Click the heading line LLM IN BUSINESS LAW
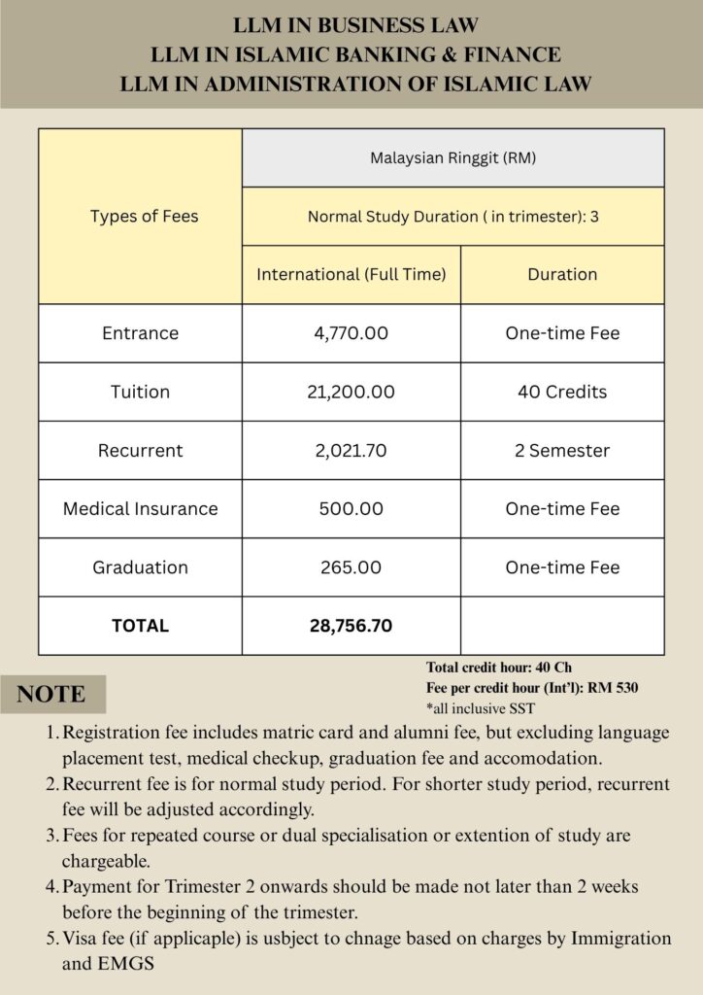[x=355, y=25]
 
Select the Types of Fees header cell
[x=144, y=216]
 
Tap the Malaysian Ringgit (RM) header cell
[x=452, y=157]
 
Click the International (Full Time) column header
[x=351, y=274]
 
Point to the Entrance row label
[x=141, y=333]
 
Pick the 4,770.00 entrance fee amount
[x=351, y=333]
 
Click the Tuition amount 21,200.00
[x=351, y=392]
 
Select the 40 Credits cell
[x=562, y=392]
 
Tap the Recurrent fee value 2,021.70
[x=351, y=450]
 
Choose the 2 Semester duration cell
[x=562, y=450]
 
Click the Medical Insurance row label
[x=141, y=508]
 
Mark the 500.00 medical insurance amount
[x=351, y=508]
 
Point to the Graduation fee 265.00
[x=351, y=566]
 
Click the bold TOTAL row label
[x=141, y=626]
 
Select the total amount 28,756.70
[x=351, y=626]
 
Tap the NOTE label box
[x=51, y=694]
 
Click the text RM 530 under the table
[x=613, y=687]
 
